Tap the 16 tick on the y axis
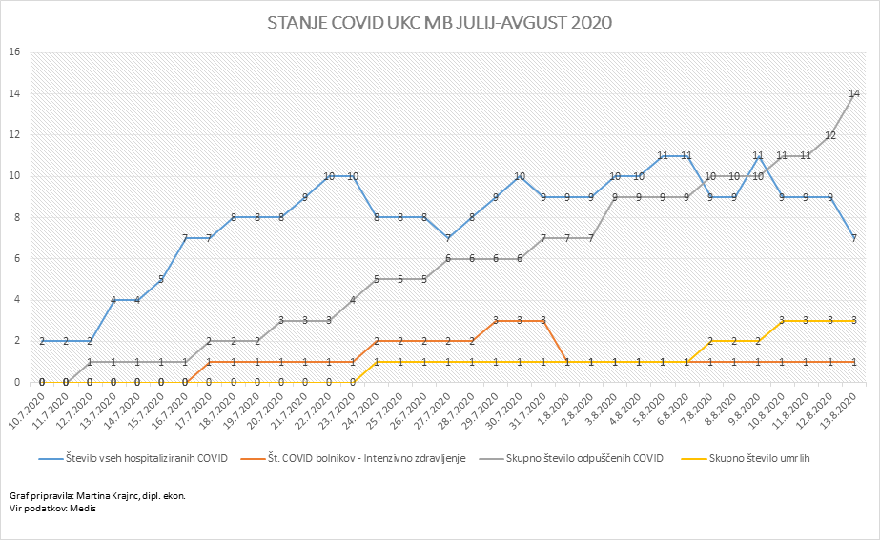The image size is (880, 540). [14, 52]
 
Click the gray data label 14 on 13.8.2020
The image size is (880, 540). [854, 93]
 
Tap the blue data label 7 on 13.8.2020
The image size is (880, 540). [854, 238]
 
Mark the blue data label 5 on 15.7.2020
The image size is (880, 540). [161, 279]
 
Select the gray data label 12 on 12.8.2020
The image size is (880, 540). [830, 135]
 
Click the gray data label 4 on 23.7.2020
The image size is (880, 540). [353, 300]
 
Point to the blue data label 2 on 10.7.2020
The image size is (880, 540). [42, 341]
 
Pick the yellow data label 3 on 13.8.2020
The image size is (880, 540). [854, 320]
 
